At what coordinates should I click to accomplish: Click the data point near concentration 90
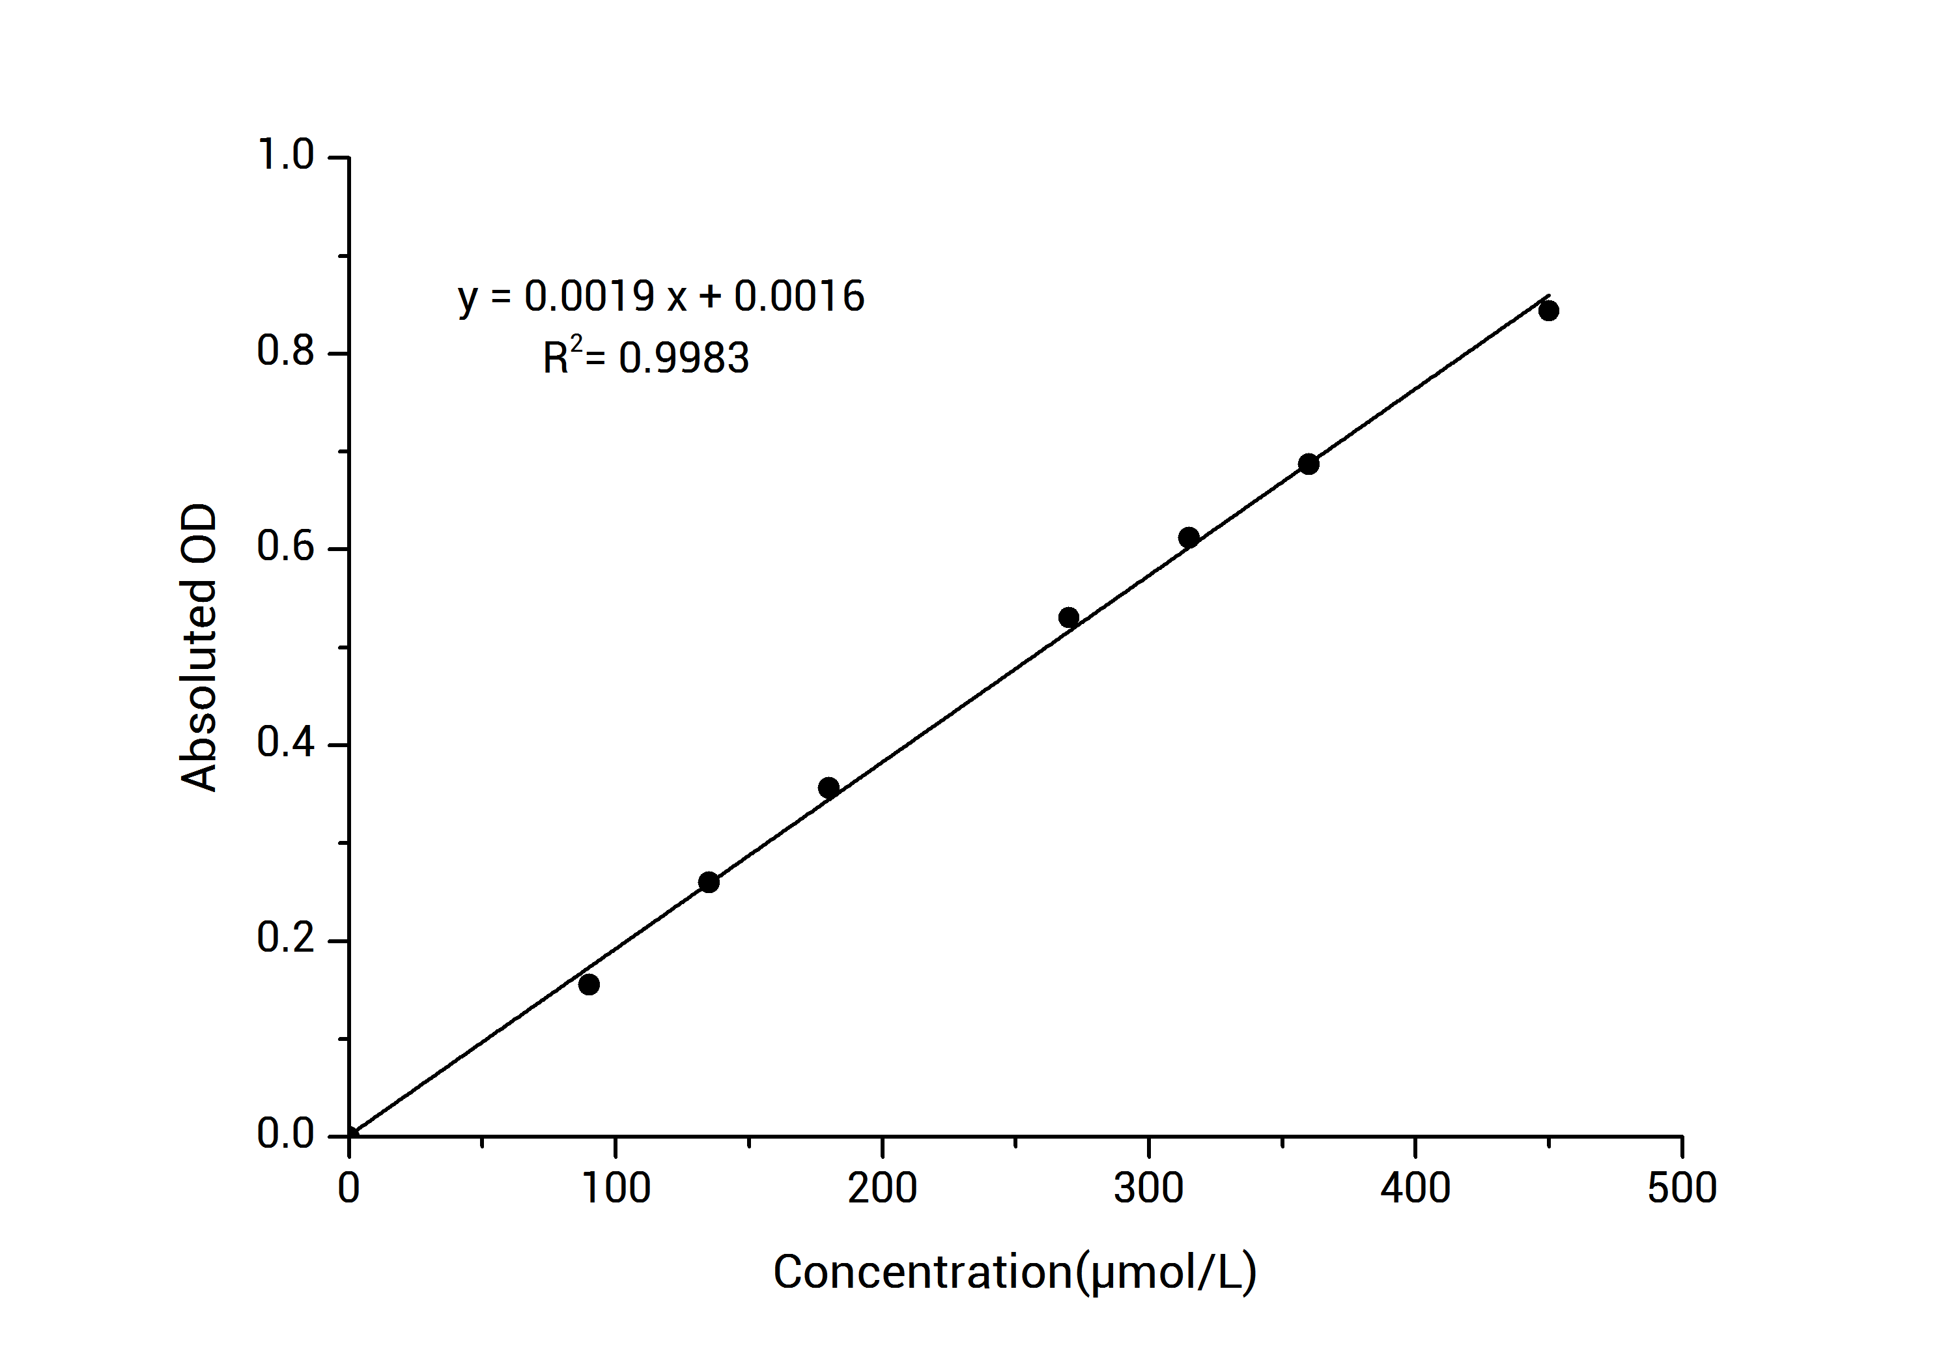(x=589, y=984)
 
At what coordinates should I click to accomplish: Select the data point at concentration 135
(x=709, y=883)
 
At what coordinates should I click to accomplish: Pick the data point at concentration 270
(x=1069, y=618)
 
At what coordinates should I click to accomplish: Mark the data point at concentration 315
(x=1189, y=538)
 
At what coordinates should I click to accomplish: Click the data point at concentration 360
(x=1309, y=464)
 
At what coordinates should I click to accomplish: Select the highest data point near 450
(x=1549, y=311)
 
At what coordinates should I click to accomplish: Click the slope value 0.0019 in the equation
(x=589, y=296)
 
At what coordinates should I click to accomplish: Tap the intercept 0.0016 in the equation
(x=799, y=296)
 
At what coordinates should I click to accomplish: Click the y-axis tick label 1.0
(x=285, y=156)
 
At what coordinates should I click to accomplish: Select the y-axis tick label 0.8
(x=285, y=352)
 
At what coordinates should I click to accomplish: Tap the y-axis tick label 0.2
(x=285, y=939)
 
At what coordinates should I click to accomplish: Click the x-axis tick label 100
(x=616, y=1189)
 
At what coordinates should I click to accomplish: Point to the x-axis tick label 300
(x=1148, y=1189)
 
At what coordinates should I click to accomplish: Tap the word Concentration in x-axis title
(x=922, y=1273)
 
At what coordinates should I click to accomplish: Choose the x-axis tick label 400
(x=1415, y=1189)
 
